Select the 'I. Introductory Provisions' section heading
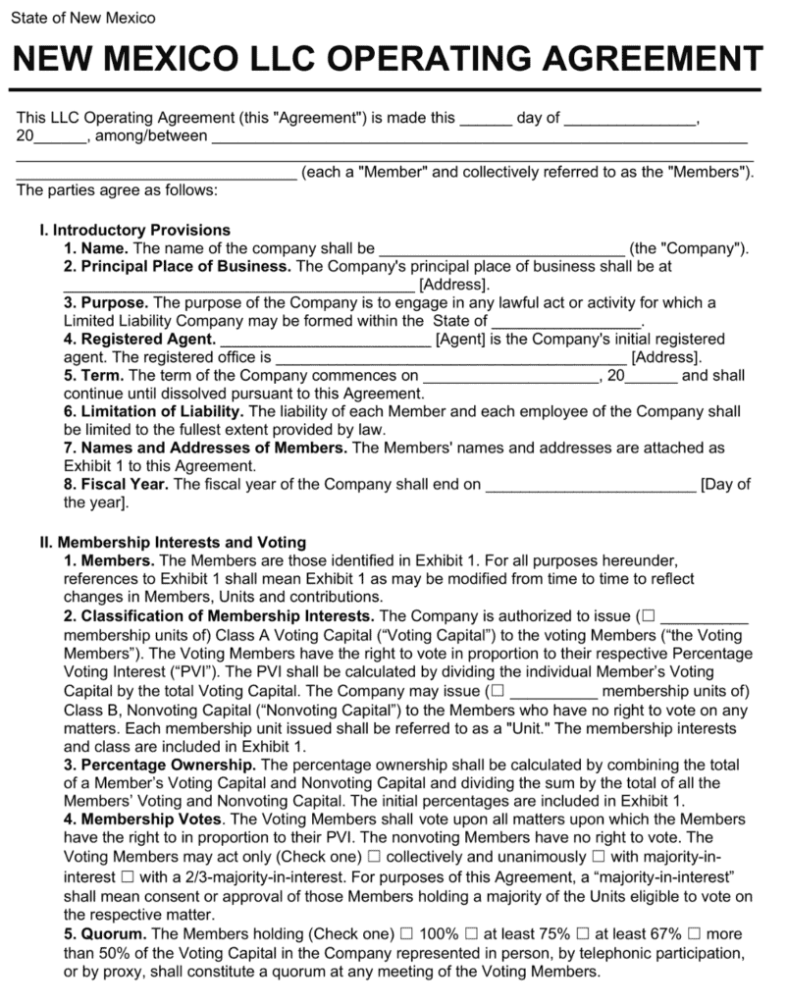tap(134, 230)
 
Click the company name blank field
tap(500, 249)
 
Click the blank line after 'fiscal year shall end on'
tap(591, 485)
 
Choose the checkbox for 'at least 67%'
tap(583, 934)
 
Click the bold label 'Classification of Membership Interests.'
tap(227, 616)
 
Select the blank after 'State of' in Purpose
tap(565, 321)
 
